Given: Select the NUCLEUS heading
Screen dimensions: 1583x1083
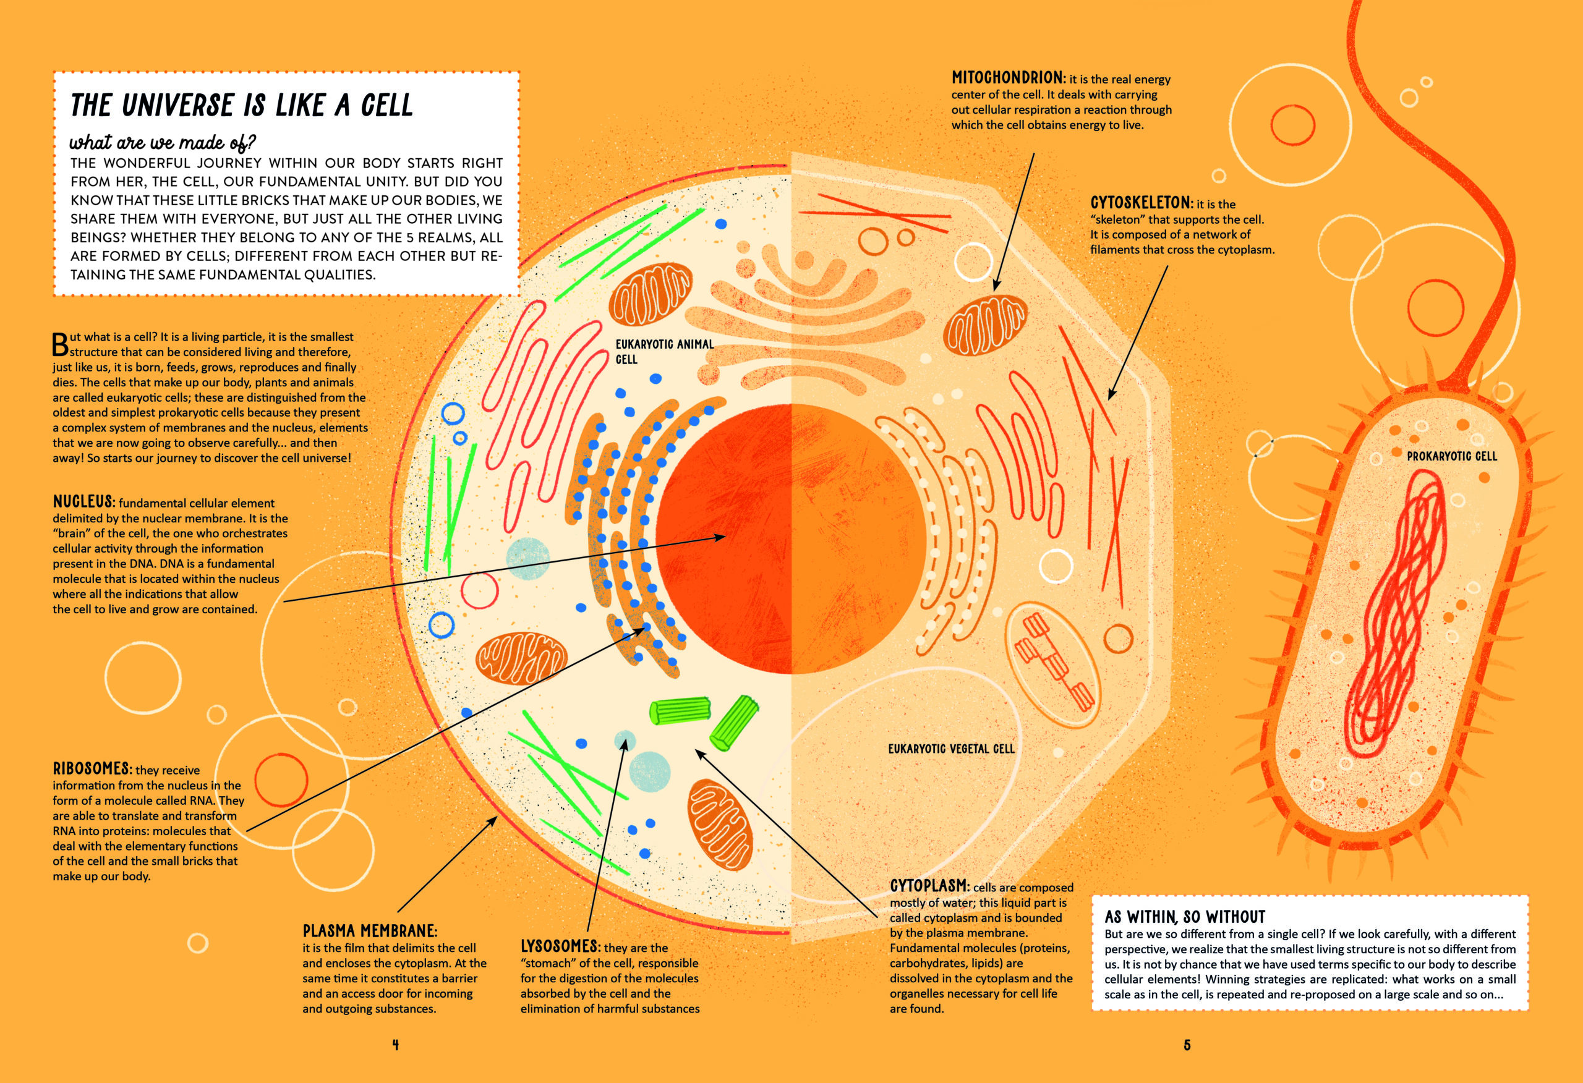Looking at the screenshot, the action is [83, 501].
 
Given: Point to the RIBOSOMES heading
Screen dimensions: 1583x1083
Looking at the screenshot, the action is [93, 768].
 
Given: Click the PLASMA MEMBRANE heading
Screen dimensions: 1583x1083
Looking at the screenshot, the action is [370, 930].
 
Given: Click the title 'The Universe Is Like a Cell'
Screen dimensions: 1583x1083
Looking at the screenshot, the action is [242, 106].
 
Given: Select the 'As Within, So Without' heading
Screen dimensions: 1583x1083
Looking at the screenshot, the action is [1185, 916].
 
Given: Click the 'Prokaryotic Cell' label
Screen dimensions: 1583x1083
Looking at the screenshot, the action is [1453, 456].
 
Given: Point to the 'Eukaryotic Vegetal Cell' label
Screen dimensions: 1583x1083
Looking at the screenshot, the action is [952, 749].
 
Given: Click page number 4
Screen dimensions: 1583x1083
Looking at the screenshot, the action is [396, 1045].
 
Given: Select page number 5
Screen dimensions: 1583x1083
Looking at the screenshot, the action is [1187, 1045].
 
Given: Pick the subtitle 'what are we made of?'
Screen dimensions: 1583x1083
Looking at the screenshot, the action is [163, 142].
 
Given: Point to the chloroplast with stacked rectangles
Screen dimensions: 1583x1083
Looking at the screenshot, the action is [1052, 660].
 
